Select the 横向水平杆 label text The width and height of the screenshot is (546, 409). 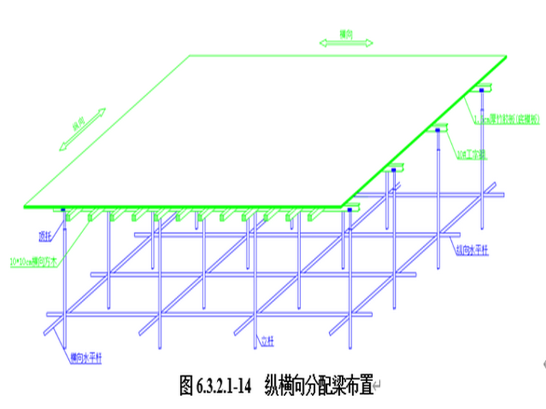pyautogui.click(x=86, y=357)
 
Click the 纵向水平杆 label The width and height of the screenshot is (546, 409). pyautogui.click(x=471, y=250)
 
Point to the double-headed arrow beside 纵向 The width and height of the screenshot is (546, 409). pyautogui.click(x=83, y=130)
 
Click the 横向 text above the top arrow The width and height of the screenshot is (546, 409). pyautogui.click(x=346, y=33)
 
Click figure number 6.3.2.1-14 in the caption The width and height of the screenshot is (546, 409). pyautogui.click(x=222, y=386)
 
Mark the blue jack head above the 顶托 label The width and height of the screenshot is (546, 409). pyautogui.click(x=64, y=210)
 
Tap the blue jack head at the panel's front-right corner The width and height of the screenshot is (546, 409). pyautogui.click(x=350, y=210)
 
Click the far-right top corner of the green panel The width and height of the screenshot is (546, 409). pyautogui.click(x=507, y=55)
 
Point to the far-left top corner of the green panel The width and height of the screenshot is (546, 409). pyautogui.click(x=190, y=55)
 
